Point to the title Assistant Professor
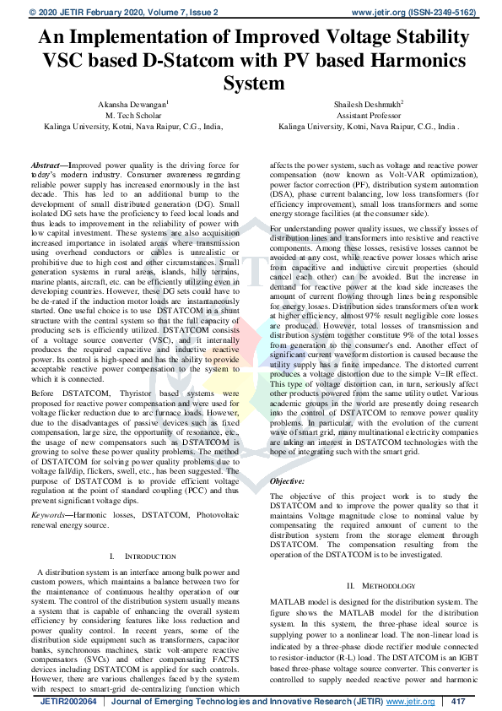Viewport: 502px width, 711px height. point(369,115)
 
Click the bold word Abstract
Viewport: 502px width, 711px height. point(46,166)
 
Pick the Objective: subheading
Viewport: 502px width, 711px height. point(287,480)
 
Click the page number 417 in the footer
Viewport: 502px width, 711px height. point(459,702)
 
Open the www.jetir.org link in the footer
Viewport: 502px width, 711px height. point(413,702)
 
